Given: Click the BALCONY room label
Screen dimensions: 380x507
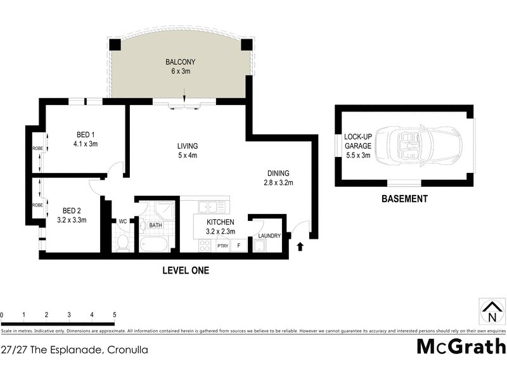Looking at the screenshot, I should (x=180, y=62).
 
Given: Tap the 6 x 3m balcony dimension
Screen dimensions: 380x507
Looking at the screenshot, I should (x=180, y=72).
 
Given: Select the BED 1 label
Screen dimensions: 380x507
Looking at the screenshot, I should (x=86, y=134).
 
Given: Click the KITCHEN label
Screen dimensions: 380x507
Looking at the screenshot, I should (x=221, y=222).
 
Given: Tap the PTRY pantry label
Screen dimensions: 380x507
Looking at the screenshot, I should (x=222, y=245).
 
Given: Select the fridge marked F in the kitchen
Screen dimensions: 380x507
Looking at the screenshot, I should (x=239, y=245).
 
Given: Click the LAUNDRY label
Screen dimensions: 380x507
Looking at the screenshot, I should (x=269, y=236).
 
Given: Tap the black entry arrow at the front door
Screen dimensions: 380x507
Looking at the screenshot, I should (x=300, y=247).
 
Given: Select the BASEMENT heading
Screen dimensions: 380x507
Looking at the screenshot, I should (x=404, y=199).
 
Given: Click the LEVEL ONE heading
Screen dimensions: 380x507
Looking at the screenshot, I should (x=185, y=270).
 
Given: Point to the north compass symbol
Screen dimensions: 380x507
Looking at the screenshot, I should (x=492, y=311).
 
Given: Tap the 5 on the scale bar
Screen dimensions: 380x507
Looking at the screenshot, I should (x=114, y=315).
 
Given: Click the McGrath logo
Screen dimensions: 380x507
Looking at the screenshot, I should (x=461, y=346).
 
